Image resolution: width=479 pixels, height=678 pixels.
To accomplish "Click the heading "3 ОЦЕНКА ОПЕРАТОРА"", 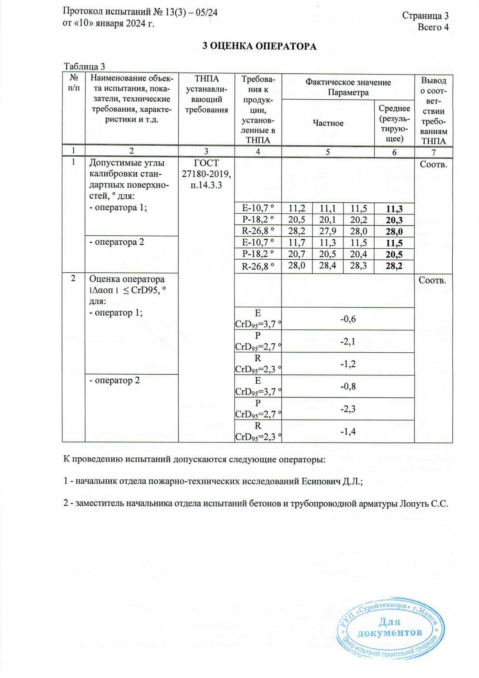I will point(260,46).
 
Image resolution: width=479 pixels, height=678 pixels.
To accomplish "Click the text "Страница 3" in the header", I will point(425,15).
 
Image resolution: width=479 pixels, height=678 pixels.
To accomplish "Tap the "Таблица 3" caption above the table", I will point(84,66).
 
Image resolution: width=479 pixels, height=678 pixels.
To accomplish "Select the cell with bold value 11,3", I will point(394,209).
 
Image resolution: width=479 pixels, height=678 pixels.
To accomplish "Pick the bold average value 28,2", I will point(394,266).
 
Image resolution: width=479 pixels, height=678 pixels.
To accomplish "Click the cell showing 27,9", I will point(328,231).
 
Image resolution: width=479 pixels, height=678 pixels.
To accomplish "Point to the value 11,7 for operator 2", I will point(297,243).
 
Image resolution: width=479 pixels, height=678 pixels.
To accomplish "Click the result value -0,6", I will point(348,319).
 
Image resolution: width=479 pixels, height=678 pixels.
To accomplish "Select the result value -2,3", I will point(348,409).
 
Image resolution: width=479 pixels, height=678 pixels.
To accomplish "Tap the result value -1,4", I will point(348,432).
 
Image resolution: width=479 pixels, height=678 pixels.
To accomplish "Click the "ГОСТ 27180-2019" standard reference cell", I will point(206,174).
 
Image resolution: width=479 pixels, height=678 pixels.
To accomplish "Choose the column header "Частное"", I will point(328,123).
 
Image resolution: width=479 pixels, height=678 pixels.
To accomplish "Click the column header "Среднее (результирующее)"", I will point(394,123).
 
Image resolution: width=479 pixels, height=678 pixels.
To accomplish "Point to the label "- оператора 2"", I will point(117,242).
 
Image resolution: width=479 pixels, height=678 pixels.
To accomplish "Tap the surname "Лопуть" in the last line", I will point(414,504).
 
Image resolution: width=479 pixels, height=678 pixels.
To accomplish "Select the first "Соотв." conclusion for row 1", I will point(433,165).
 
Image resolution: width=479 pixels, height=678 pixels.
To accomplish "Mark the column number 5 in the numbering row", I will point(328,152).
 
